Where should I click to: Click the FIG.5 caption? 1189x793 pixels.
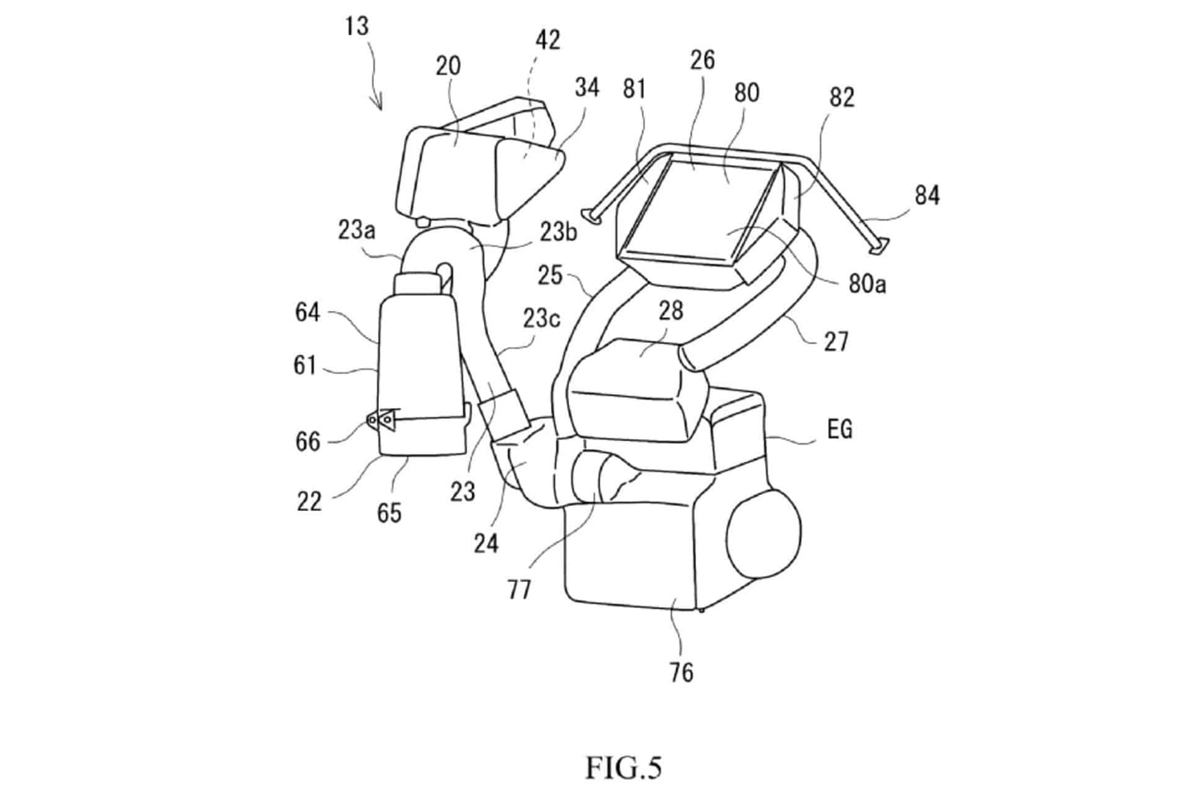(623, 768)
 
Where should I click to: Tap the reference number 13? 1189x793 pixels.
(357, 26)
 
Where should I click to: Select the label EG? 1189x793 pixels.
(839, 429)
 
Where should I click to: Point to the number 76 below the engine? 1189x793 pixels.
(681, 672)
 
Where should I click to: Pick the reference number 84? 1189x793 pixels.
(926, 196)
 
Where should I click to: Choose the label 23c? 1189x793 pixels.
(541, 318)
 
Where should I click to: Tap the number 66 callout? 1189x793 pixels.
(308, 442)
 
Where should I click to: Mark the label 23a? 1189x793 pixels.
(357, 230)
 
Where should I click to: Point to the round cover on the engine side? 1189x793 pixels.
(764, 532)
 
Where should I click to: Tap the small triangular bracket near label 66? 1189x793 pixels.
(380, 419)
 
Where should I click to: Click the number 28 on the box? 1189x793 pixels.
(670, 310)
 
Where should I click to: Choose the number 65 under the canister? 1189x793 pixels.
(389, 513)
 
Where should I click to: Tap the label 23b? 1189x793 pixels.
(557, 232)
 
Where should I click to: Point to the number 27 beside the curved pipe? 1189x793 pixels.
(835, 341)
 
